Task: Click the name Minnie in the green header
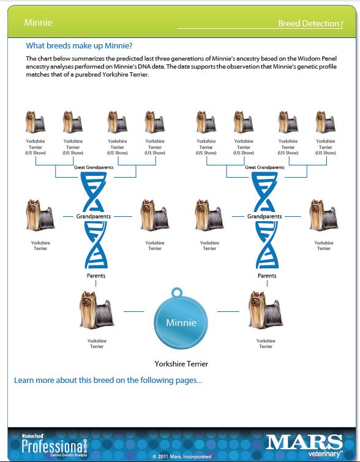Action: pos(39,23)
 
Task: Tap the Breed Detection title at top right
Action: pos(309,23)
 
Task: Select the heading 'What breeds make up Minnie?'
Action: pos(79,46)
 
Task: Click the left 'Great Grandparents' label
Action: pos(94,167)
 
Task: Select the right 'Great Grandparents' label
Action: pos(264,167)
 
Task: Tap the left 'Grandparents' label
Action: pos(94,216)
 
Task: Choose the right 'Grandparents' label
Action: pos(264,216)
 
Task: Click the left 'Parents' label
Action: pos(96,276)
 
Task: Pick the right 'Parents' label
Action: pos(267,276)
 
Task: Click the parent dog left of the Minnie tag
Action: pos(96,309)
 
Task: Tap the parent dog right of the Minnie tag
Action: pos(265,309)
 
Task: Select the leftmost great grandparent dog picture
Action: pos(36,122)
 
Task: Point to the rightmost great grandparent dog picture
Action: pos(326,122)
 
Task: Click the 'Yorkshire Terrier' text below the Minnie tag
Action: pos(181,364)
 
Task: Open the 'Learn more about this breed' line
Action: pos(108,381)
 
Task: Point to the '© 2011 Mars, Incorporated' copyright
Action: pos(182,456)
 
